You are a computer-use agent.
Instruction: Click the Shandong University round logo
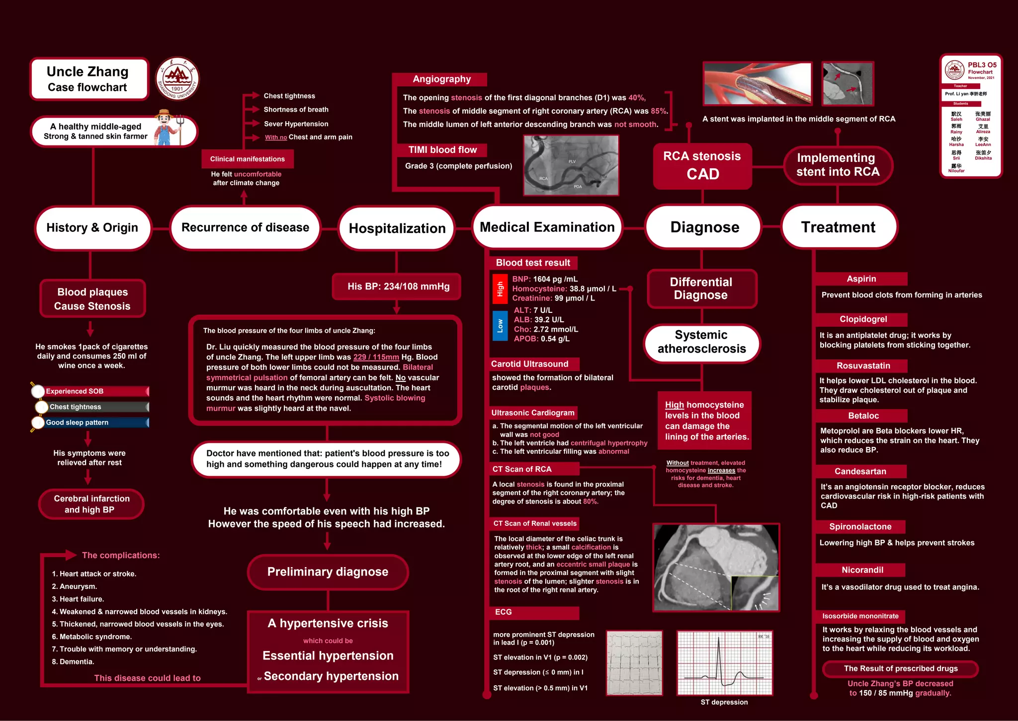[x=177, y=78]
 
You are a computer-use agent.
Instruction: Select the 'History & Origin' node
[x=92, y=228]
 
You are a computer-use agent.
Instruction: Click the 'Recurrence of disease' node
[x=245, y=228]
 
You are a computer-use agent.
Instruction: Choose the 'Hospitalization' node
[x=397, y=228]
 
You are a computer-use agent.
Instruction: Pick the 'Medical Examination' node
[x=547, y=227]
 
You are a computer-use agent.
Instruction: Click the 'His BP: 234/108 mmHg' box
[x=398, y=287]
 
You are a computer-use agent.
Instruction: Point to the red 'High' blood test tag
[x=500, y=288]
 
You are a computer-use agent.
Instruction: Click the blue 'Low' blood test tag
[x=500, y=326]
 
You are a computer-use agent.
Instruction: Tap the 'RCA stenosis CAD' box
[x=702, y=165]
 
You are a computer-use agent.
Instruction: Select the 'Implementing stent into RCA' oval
[x=838, y=165]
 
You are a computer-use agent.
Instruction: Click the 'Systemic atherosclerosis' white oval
[x=701, y=342]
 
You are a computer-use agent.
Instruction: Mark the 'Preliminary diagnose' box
[x=328, y=572]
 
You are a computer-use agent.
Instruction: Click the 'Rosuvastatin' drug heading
[x=863, y=366]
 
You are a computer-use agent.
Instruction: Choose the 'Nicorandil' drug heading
[x=862, y=570]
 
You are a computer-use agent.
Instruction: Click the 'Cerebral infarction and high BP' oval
[x=91, y=504]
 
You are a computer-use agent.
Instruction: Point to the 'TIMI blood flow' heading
[x=442, y=150]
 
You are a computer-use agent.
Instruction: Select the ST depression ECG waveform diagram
[x=724, y=663]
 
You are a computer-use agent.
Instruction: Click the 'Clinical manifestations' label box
[x=247, y=159]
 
